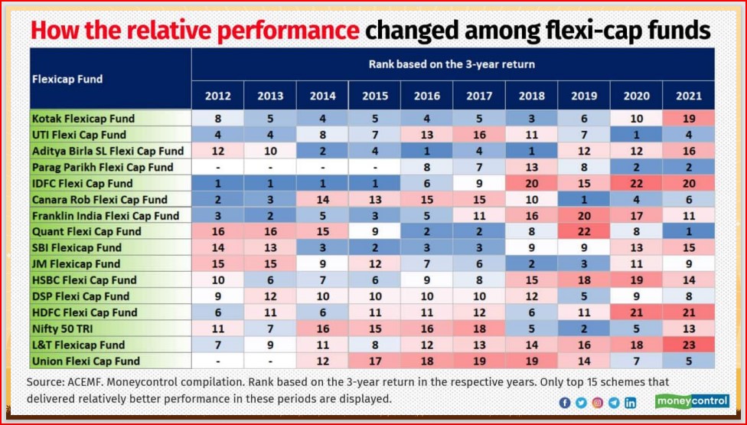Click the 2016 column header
pyautogui.click(x=426, y=96)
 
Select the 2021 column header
pyautogui.click(x=688, y=96)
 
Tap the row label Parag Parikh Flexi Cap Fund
pyautogui.click(x=103, y=167)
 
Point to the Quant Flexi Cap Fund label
pyautogui.click(x=86, y=231)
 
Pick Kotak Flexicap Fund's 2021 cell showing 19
pyautogui.click(x=688, y=119)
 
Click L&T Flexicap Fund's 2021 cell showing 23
pyautogui.click(x=688, y=345)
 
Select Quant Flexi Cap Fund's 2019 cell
pyautogui.click(x=583, y=231)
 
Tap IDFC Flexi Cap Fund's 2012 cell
pyautogui.click(x=217, y=183)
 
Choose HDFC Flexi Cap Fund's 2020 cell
pyautogui.click(x=636, y=312)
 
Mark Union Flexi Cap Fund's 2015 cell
pyautogui.click(x=374, y=361)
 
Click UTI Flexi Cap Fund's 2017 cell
pyautogui.click(x=478, y=135)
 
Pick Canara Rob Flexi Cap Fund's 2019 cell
pyautogui.click(x=583, y=199)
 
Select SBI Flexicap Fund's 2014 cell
pyautogui.click(x=322, y=247)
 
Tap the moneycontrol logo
pyautogui.click(x=692, y=400)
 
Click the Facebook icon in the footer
pyautogui.click(x=565, y=402)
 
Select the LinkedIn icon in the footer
pyautogui.click(x=631, y=402)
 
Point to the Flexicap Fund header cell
pyautogui.click(x=67, y=79)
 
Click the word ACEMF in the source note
pyautogui.click(x=94, y=381)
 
